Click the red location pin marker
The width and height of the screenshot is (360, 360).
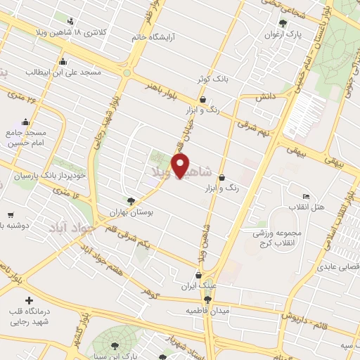[x=182, y=166]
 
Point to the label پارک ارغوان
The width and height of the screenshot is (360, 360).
[x=282, y=33]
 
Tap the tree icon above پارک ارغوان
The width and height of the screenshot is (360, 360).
[x=283, y=22]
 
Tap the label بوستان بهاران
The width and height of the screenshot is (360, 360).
[x=131, y=212]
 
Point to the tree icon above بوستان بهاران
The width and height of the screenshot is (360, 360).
[x=131, y=200]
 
